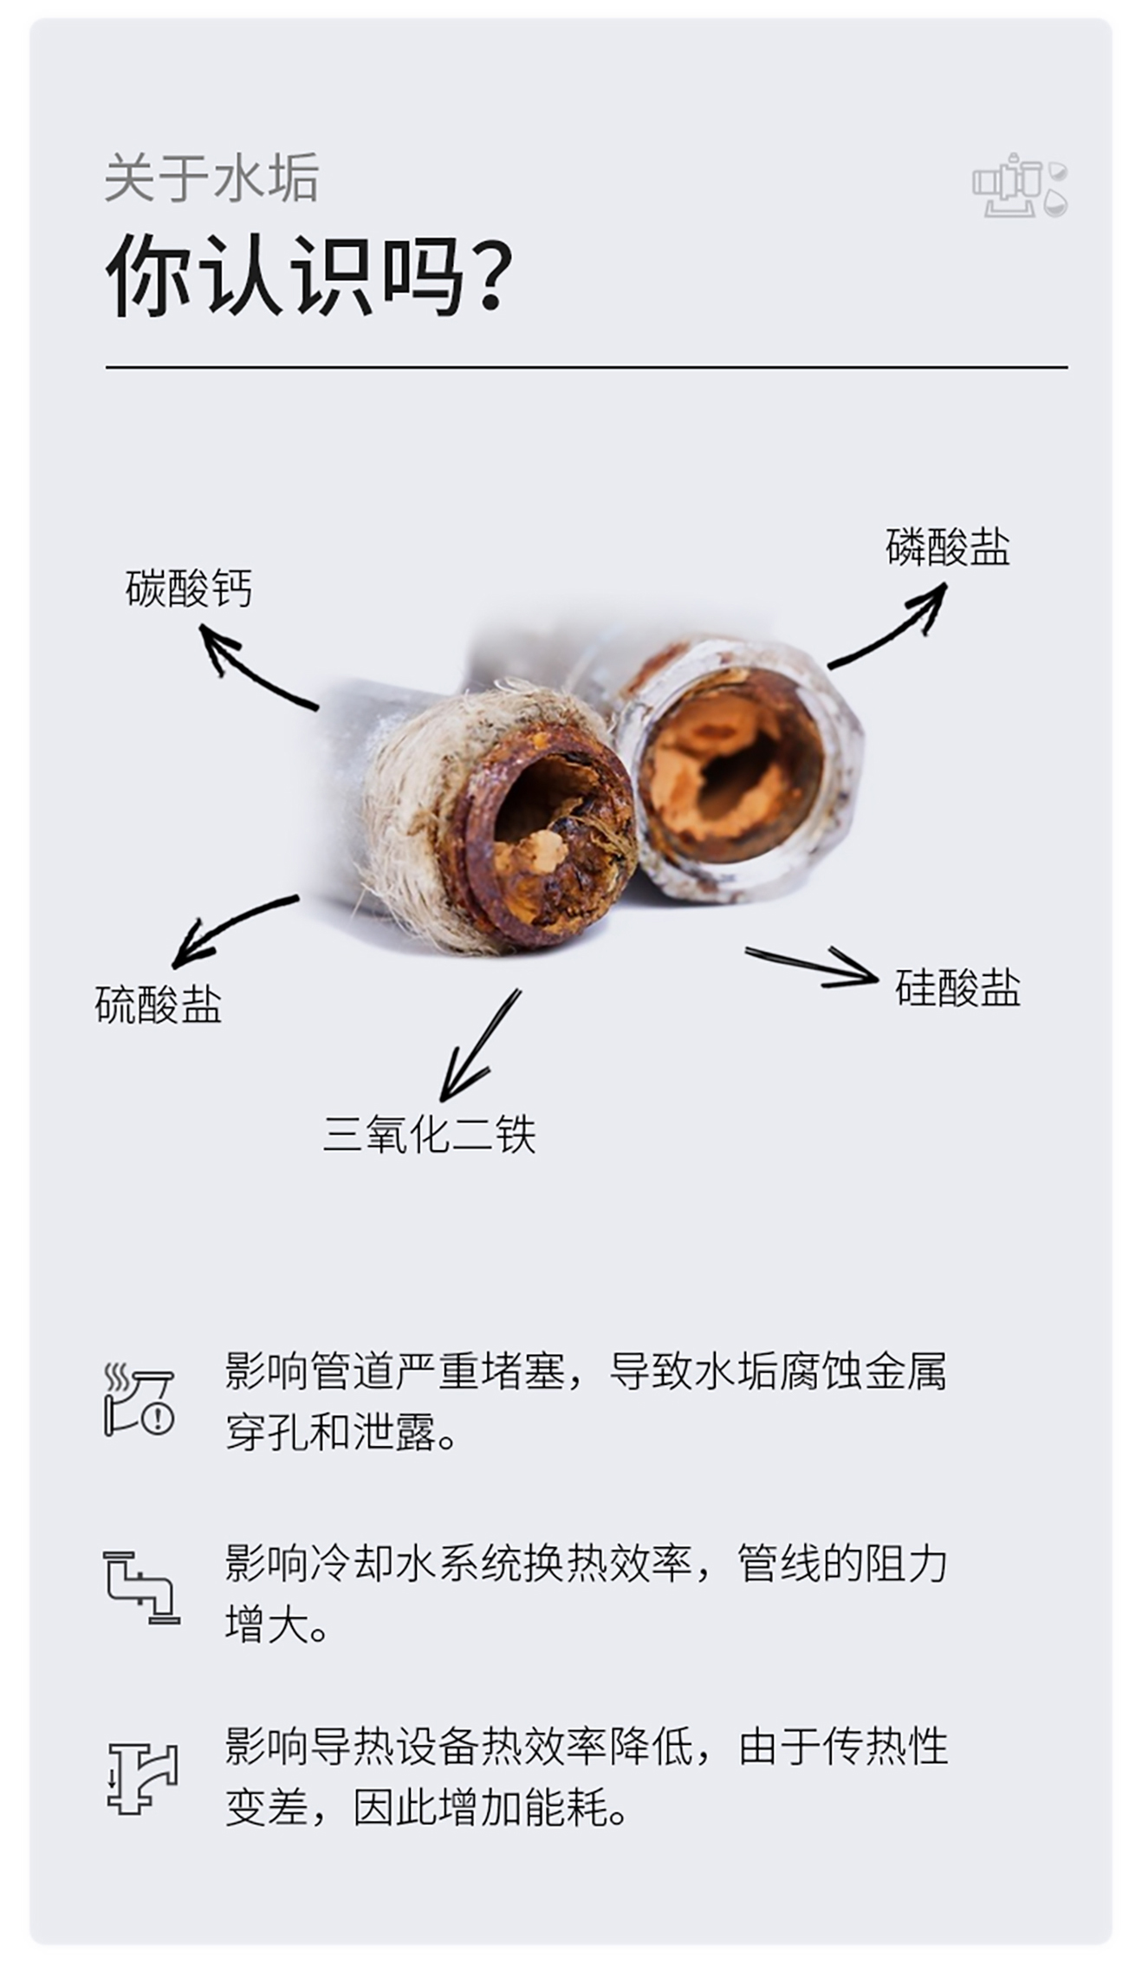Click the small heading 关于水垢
[x=211, y=178]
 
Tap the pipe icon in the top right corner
[x=1019, y=185]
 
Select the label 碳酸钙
[x=188, y=589]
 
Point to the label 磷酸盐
[x=947, y=548]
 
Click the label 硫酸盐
[x=158, y=1006]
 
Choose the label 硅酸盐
[x=957, y=988]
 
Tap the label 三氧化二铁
[x=429, y=1134]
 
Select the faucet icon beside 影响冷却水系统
[x=141, y=1588]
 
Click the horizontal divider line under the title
[x=586, y=368]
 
